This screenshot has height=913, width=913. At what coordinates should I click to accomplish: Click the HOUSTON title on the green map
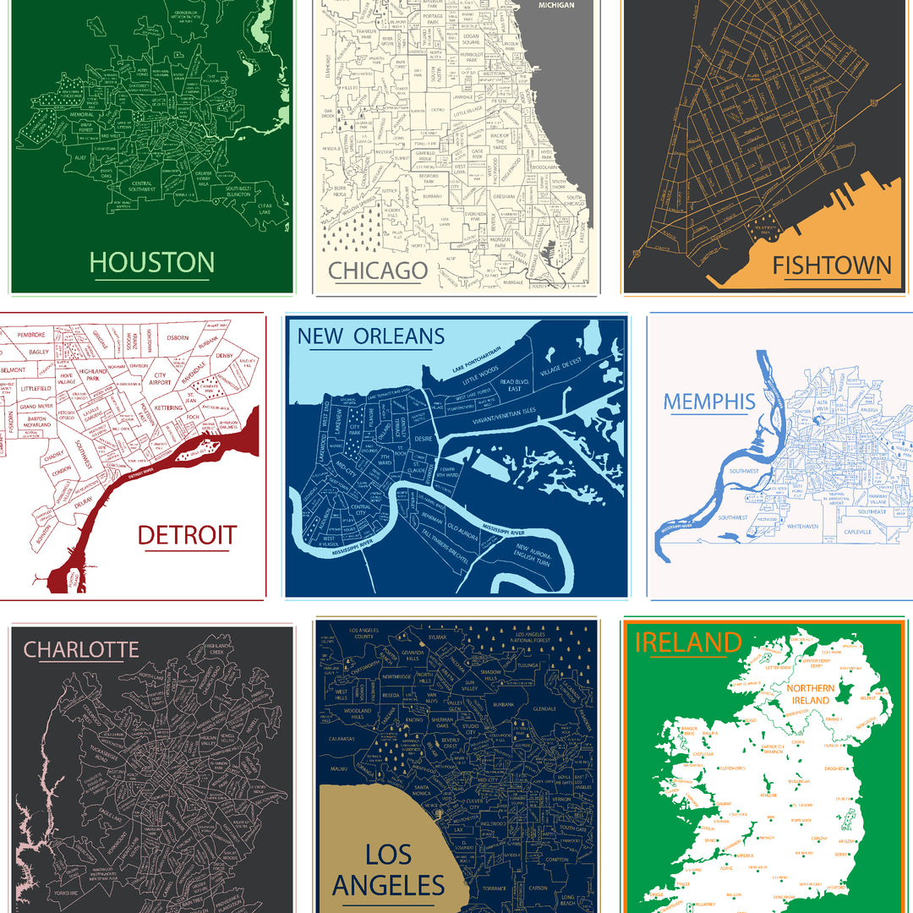(152, 261)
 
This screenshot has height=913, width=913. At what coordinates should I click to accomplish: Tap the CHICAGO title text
(378, 271)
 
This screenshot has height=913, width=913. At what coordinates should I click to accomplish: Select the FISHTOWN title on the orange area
(832, 265)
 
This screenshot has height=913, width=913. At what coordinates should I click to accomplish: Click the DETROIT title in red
(187, 534)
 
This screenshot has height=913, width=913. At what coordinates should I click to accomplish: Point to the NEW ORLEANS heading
(370, 336)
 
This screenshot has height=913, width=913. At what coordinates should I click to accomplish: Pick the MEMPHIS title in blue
(708, 402)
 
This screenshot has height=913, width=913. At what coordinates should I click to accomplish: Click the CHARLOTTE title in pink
(81, 649)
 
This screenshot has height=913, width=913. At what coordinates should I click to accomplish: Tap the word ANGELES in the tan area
(389, 885)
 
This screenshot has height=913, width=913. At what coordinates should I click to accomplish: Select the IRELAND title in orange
(687, 642)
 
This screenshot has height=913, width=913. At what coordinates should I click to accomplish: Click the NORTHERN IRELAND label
(810, 694)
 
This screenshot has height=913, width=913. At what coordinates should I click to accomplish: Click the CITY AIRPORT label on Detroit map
(161, 379)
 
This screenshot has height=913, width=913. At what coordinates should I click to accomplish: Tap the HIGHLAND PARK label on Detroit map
(93, 374)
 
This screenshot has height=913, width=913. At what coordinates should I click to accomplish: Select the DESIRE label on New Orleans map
(424, 440)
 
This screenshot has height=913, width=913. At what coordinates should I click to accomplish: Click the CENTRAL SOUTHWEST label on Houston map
(153, 186)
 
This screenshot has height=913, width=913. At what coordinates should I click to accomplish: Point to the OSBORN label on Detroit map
(178, 337)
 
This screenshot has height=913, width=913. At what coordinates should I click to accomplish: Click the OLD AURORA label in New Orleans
(464, 533)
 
